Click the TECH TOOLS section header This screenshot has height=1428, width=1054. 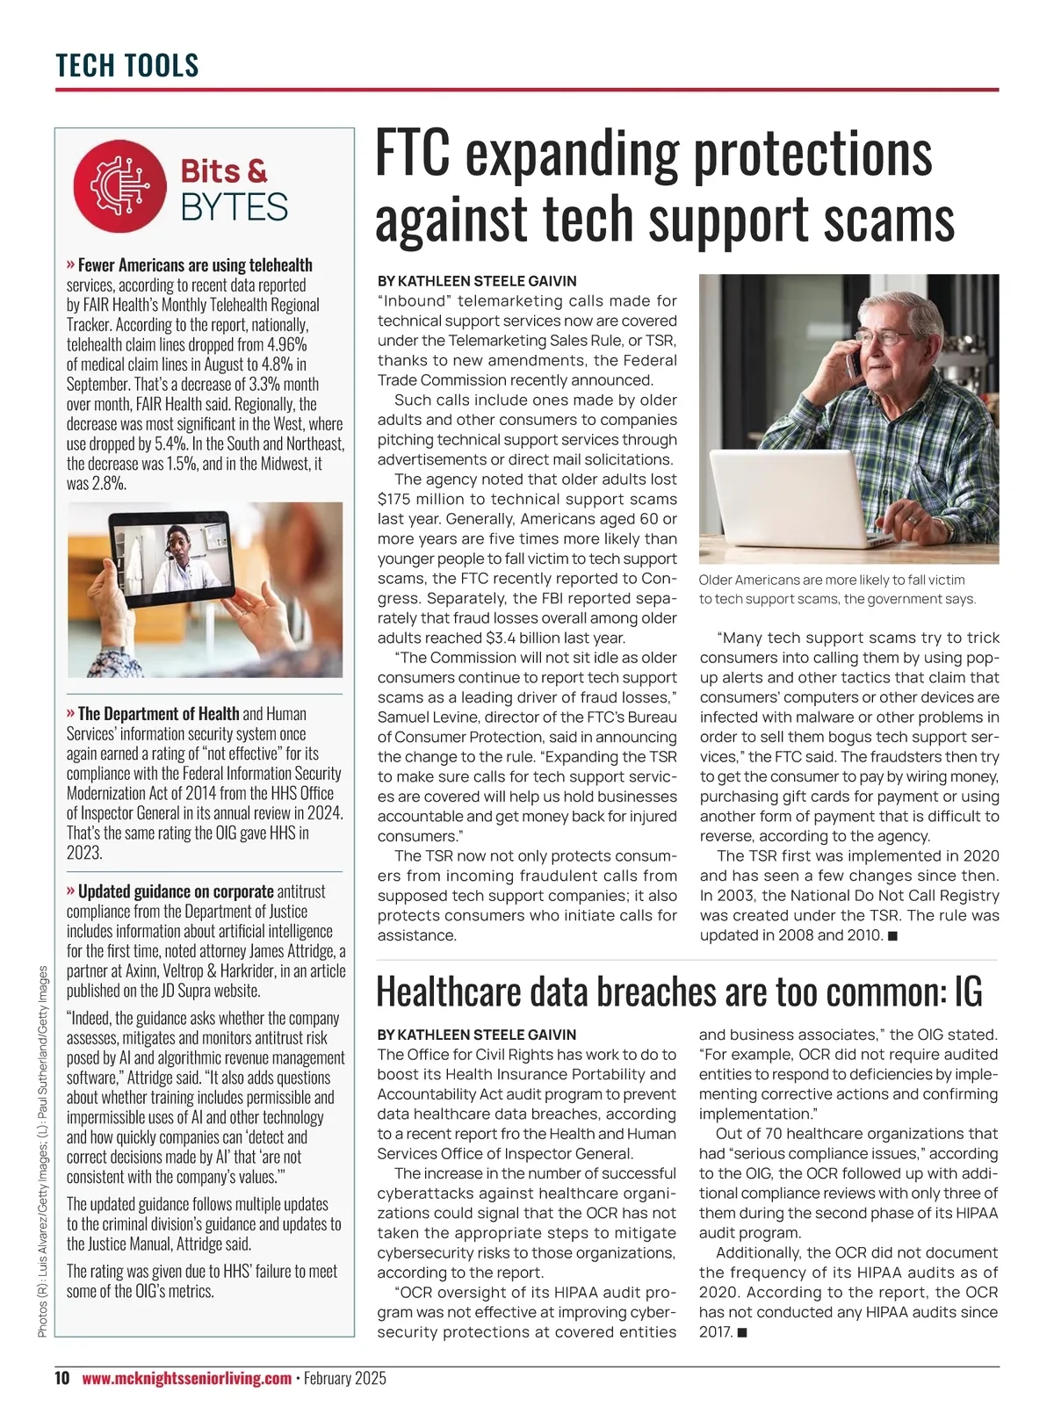tap(127, 65)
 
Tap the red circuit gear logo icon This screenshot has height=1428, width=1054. tap(119, 185)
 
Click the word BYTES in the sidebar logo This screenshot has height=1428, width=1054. tap(234, 207)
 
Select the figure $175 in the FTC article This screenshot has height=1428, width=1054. tap(396, 499)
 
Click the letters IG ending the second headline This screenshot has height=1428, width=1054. tap(967, 992)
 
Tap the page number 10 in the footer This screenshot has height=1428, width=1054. tap(61, 1378)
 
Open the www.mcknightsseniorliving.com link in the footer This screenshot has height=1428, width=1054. tap(186, 1378)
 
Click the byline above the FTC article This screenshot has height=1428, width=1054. tap(477, 281)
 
